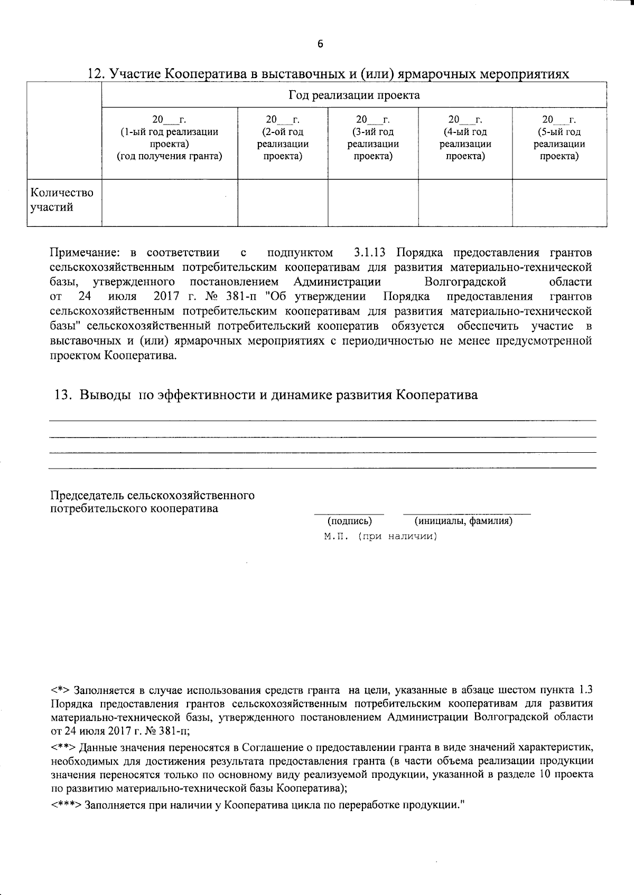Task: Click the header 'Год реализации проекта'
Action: [x=354, y=96]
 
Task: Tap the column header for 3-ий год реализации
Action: [x=373, y=137]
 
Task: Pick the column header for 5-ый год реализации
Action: [x=559, y=137]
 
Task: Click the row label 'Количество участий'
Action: [x=62, y=200]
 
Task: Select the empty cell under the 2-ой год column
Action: [x=283, y=203]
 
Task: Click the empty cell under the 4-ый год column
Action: [x=465, y=203]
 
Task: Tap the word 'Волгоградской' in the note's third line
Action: [x=465, y=282]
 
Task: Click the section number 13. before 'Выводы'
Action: [x=63, y=395]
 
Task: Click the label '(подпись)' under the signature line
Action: [x=350, y=521]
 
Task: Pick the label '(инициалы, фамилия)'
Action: [x=463, y=521]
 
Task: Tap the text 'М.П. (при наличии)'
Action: [x=381, y=537]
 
